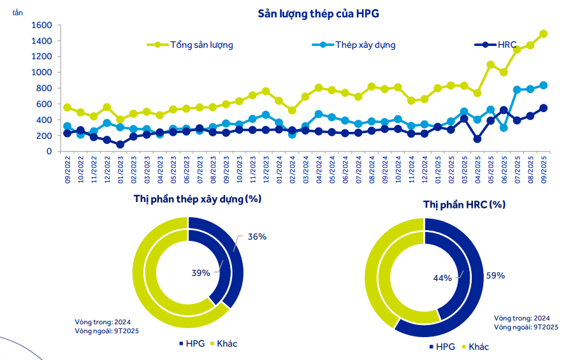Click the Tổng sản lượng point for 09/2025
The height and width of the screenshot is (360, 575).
pos(544,34)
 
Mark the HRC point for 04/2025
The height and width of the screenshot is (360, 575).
pos(477,139)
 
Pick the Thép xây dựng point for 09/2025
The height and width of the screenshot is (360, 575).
pos(544,85)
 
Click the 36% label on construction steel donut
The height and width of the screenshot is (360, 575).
pos(257,236)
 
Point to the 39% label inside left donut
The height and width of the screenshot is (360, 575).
pos(201,273)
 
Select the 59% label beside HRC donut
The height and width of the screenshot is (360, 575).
pos(495,276)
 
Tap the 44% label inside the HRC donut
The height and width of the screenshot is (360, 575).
pos(442,278)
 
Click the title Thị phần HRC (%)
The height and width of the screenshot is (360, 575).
pos(464,205)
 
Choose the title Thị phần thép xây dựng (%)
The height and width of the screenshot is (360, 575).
pos(198,198)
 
